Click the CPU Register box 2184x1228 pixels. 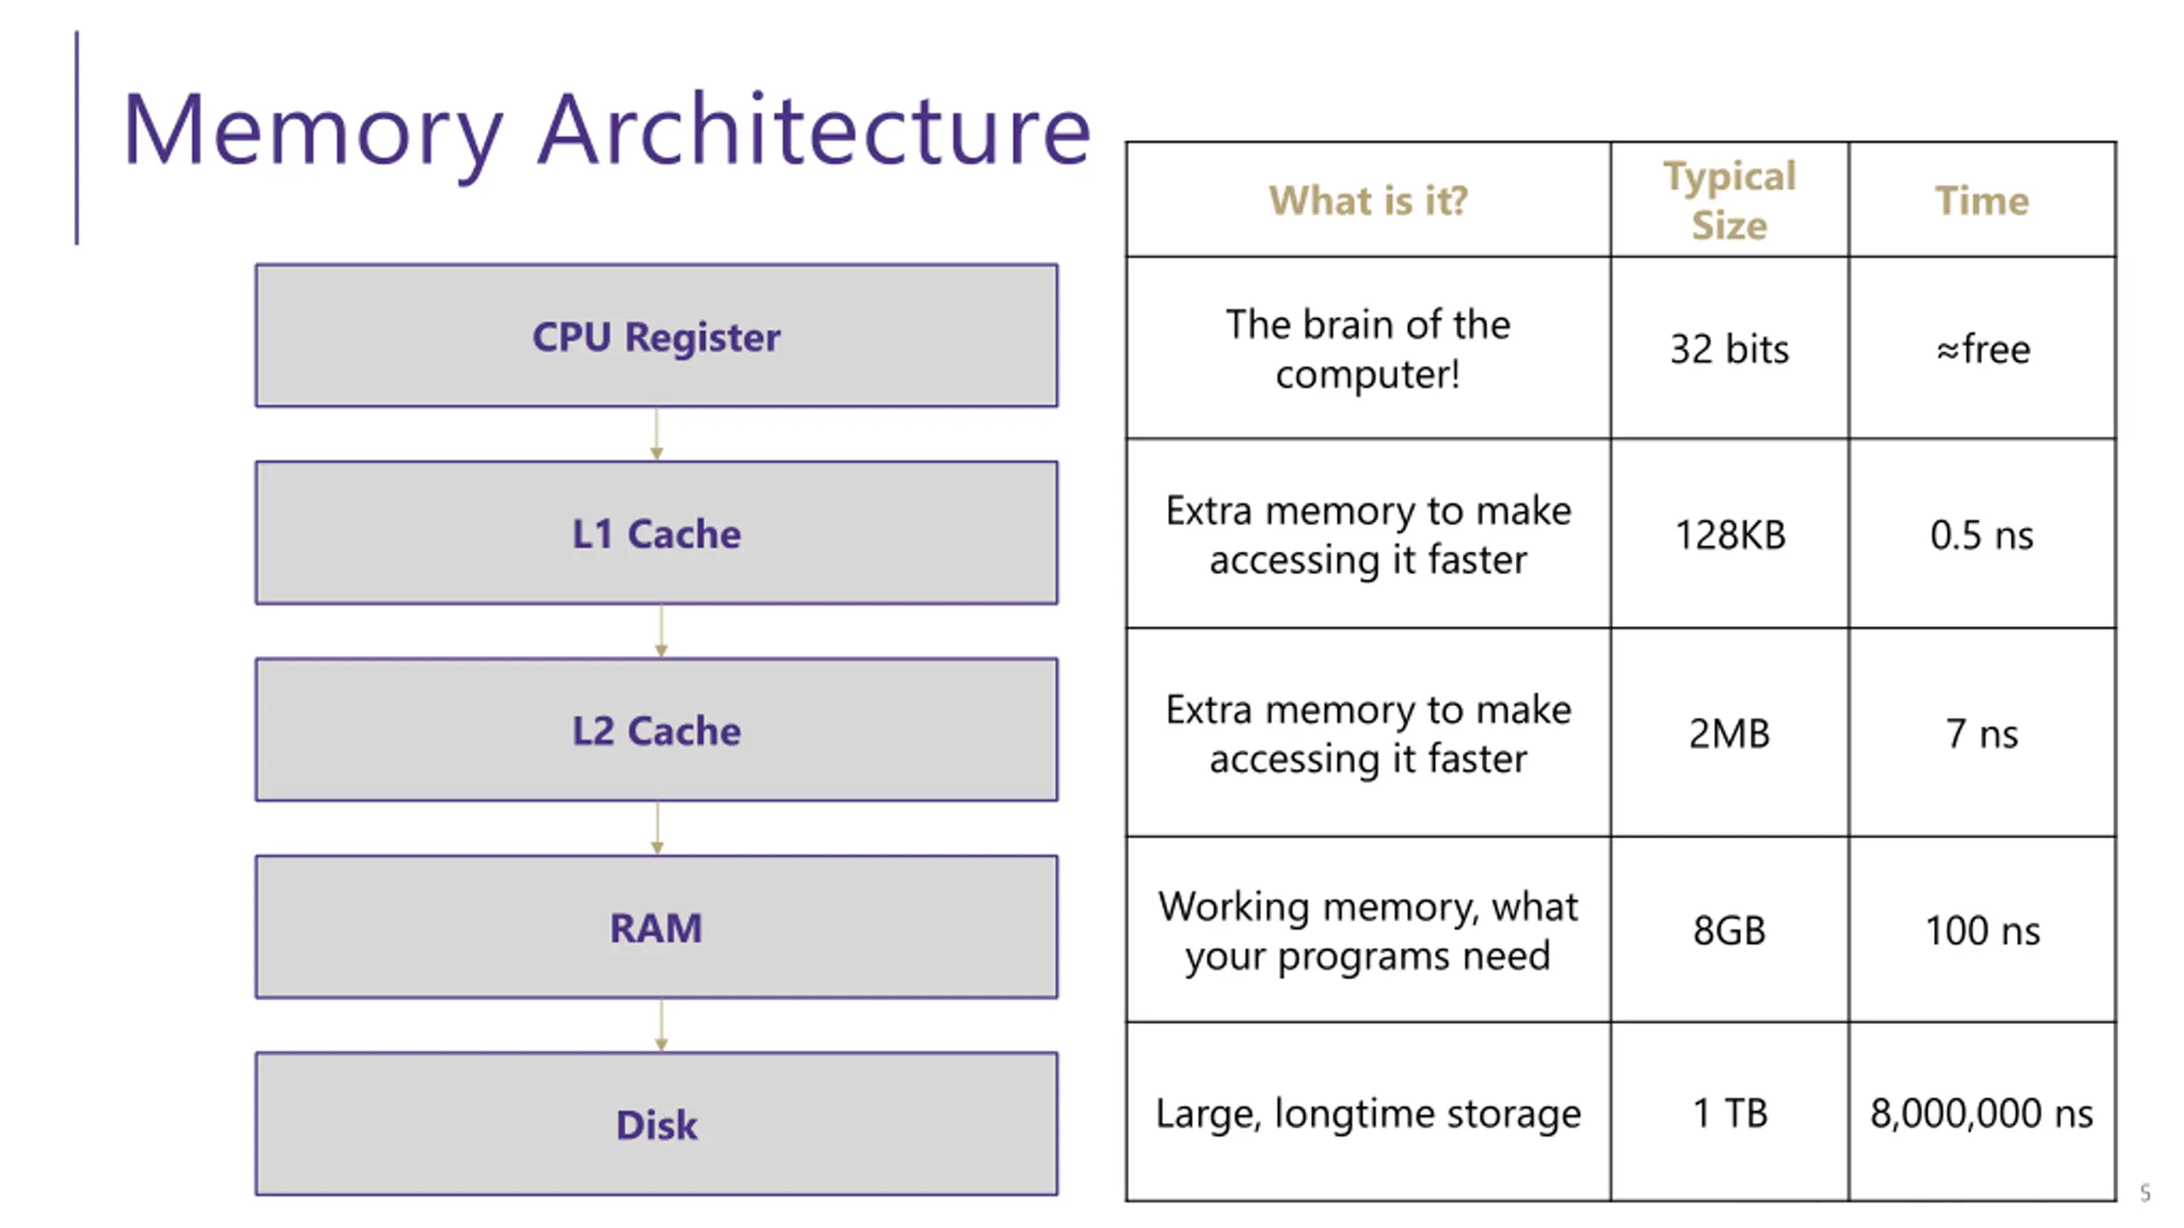(656, 335)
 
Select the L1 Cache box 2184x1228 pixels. (656, 533)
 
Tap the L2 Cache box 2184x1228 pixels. (656, 730)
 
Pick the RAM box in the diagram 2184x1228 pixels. (656, 927)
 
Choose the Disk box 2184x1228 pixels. (656, 1124)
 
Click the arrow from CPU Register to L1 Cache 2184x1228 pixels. (656, 434)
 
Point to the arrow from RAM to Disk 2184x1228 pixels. (660, 1026)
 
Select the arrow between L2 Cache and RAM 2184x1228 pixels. (657, 828)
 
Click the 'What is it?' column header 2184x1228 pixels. (1368, 200)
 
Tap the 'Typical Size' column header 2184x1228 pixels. (1729, 200)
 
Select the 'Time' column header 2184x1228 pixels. (1982, 200)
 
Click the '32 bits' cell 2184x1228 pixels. (1729, 349)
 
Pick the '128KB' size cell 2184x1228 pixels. (1729, 535)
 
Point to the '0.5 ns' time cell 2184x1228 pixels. (1982, 535)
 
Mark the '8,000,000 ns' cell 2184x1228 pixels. (1982, 1113)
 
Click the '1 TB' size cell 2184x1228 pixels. (1729, 1113)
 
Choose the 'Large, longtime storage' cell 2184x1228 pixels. (1368, 1113)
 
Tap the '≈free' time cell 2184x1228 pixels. (1982, 349)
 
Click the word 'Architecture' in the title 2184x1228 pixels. (815, 129)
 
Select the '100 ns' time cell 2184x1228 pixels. (1982, 930)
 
